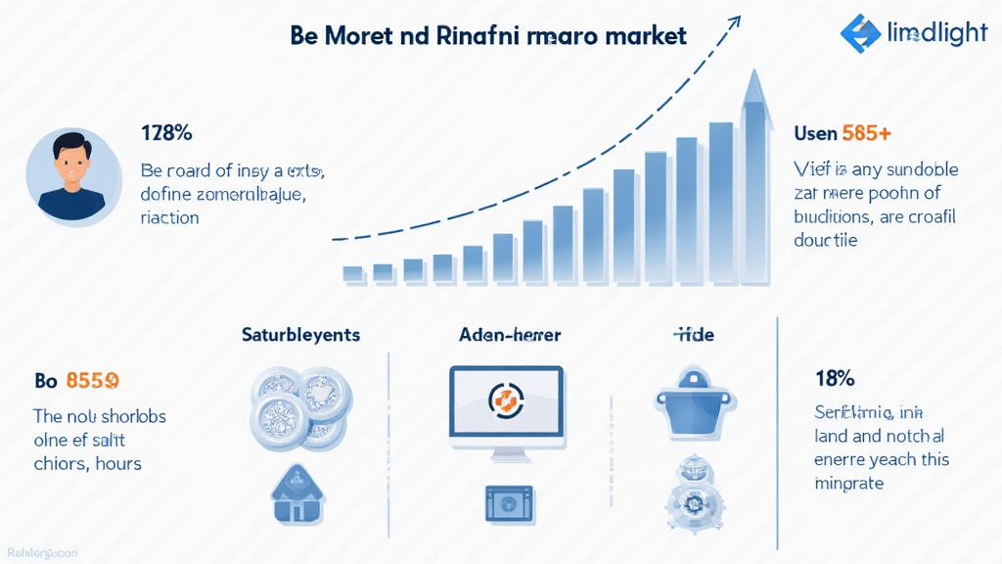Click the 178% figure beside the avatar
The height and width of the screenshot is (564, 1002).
pyautogui.click(x=165, y=133)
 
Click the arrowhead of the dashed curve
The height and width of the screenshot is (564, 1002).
pyautogui.click(x=731, y=22)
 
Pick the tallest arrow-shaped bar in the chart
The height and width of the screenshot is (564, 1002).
pyautogui.click(x=754, y=176)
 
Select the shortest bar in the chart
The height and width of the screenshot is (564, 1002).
pyautogui.click(x=353, y=273)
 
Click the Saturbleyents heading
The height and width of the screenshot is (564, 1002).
pyautogui.click(x=300, y=335)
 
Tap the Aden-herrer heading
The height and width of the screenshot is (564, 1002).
pyautogui.click(x=509, y=335)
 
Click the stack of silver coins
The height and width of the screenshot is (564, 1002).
pyautogui.click(x=299, y=406)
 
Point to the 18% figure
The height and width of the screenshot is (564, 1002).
pyautogui.click(x=835, y=378)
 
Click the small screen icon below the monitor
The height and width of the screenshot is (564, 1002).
pyautogui.click(x=507, y=502)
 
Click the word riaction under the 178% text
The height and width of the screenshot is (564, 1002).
pyautogui.click(x=169, y=216)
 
